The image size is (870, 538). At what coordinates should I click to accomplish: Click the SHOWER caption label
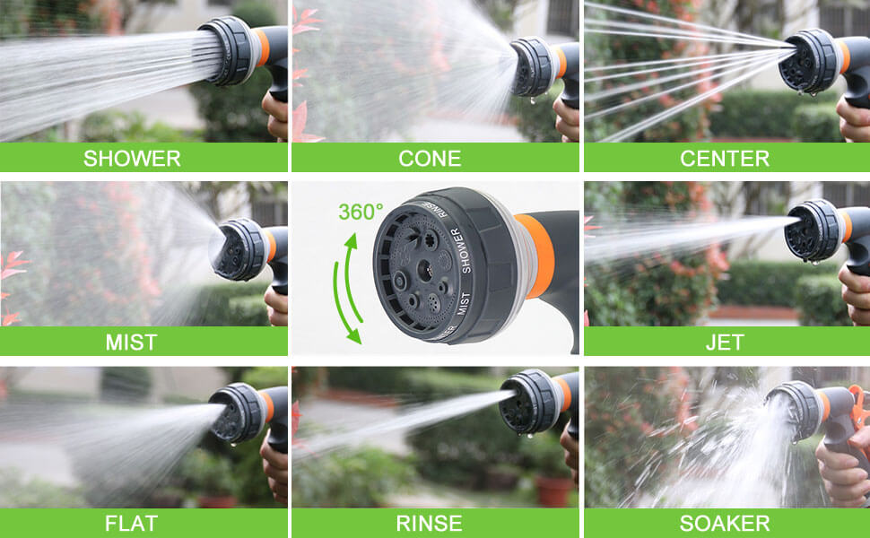coord(132,159)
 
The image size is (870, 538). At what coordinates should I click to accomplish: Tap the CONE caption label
coord(430,159)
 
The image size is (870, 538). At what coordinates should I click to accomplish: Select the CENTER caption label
coord(725,159)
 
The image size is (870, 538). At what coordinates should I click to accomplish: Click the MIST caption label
coord(132,343)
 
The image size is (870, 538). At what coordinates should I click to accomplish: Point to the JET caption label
coord(725,343)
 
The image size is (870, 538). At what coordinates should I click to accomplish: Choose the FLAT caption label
coord(132,524)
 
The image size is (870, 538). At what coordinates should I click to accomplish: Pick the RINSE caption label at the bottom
coord(430,524)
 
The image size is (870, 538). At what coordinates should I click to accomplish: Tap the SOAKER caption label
coord(725,524)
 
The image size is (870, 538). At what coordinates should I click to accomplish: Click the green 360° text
coord(361,212)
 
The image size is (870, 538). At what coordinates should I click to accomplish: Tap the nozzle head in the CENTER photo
coord(808,61)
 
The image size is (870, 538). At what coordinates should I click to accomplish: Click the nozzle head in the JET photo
coord(813,230)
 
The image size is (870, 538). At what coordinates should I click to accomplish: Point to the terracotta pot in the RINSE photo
coord(554,491)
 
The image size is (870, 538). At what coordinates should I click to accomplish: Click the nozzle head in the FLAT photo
coord(237,413)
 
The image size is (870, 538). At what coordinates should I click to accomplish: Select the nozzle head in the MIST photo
coord(239,249)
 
